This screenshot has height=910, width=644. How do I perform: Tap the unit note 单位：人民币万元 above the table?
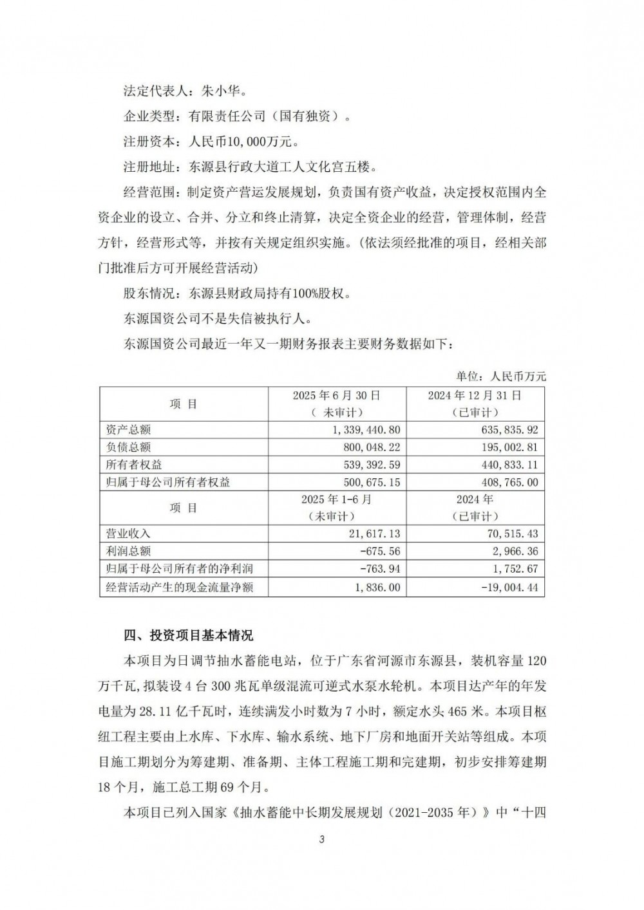(501, 376)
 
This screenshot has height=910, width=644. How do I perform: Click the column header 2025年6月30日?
(336, 395)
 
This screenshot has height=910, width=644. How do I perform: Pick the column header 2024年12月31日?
(475, 395)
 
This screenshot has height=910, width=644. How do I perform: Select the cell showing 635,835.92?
(506, 430)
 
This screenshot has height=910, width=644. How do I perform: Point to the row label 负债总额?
(128, 447)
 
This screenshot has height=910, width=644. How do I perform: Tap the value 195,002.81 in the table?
(506, 447)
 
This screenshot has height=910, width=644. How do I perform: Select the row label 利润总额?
(128, 552)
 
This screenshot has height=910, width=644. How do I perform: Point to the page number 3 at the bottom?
(321, 839)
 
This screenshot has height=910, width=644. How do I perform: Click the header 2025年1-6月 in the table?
(336, 499)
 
